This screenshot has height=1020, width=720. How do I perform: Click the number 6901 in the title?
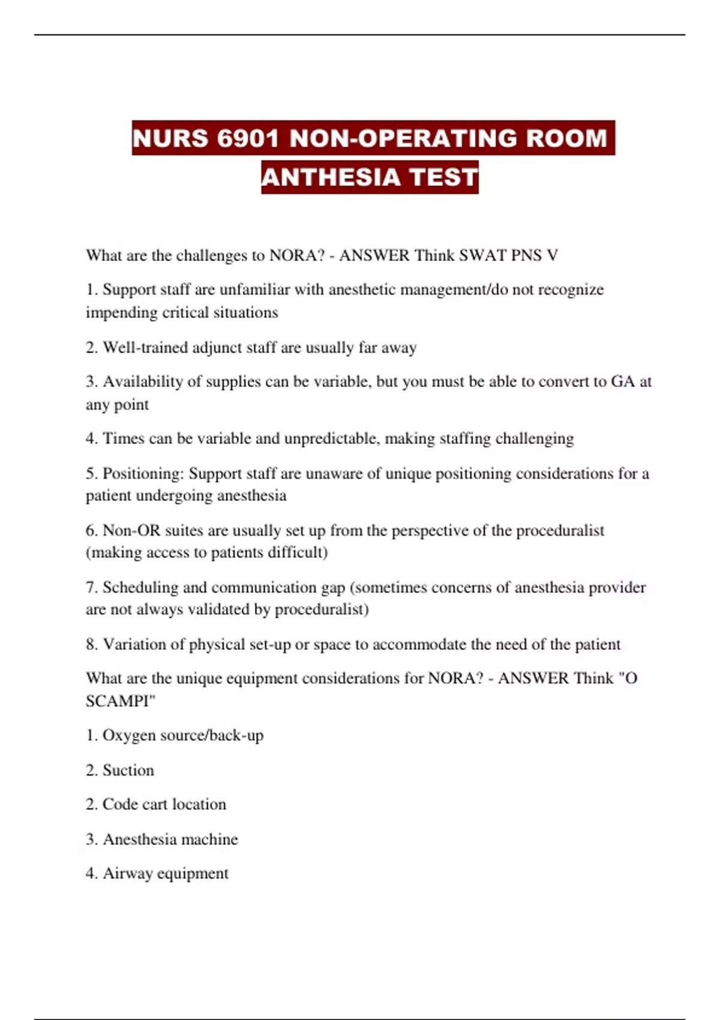[248, 139]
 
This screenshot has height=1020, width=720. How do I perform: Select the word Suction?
[128, 770]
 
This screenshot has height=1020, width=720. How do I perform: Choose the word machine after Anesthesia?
[209, 839]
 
